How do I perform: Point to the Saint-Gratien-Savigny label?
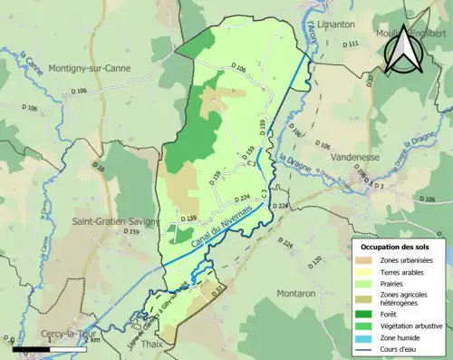pos(115,221)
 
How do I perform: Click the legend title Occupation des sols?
pos(396,247)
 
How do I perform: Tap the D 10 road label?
pos(100,170)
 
